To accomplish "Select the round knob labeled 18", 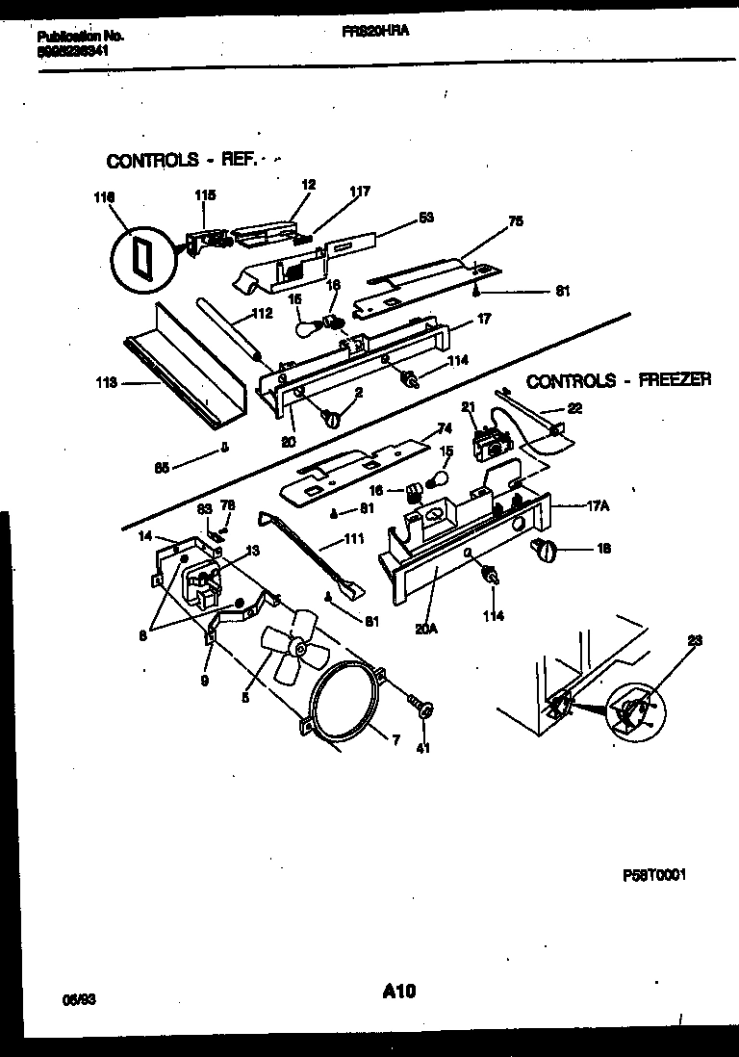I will pyautogui.click(x=544, y=550).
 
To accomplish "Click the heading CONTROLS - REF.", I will pyautogui.click(x=182, y=161).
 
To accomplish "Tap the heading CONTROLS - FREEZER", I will pyautogui.click(x=619, y=380).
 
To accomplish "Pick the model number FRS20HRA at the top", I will pyautogui.click(x=375, y=32).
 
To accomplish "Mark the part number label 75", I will pyautogui.click(x=515, y=220).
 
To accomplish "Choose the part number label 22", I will pyautogui.click(x=574, y=408).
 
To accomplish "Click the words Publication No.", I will pyautogui.click(x=81, y=36).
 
